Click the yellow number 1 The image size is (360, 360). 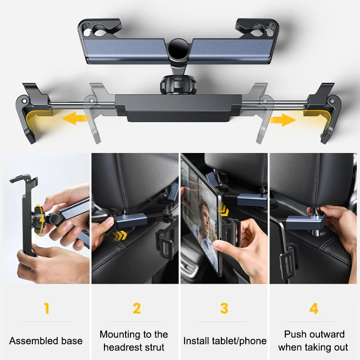[x=46, y=309]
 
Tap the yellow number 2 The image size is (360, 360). [x=137, y=309]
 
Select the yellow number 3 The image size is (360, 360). [x=224, y=309]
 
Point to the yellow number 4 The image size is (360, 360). [x=314, y=309]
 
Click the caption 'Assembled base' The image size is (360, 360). [x=46, y=341]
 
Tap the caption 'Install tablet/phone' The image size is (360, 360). [x=225, y=341]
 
